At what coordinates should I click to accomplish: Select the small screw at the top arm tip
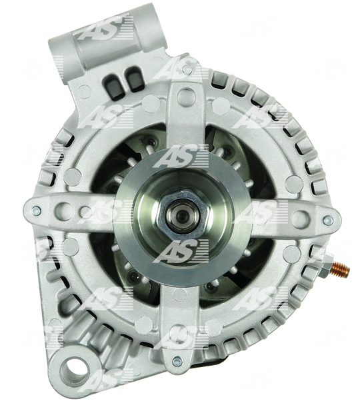(187, 69)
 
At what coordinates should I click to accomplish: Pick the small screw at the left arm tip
(36, 210)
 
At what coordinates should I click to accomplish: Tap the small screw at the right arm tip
(328, 220)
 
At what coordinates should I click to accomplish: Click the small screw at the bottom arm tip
(177, 362)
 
